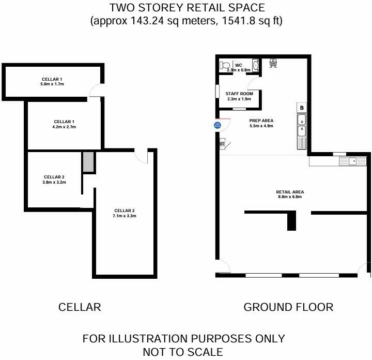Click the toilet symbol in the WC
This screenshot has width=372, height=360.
[224, 66]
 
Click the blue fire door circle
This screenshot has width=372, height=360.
[218, 125]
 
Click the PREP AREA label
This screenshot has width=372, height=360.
[261, 121]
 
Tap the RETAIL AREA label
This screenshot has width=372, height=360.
[289, 192]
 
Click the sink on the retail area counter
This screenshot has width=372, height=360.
[352, 161]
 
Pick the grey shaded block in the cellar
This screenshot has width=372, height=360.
[88, 162]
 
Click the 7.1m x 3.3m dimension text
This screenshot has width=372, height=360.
[124, 216]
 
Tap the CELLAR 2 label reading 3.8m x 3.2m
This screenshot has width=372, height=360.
[54, 179]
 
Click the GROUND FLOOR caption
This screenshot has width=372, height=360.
[288, 307]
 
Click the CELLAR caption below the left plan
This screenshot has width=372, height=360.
[80, 307]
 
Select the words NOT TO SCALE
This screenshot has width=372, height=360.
[183, 352]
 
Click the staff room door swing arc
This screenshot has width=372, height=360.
[254, 85]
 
